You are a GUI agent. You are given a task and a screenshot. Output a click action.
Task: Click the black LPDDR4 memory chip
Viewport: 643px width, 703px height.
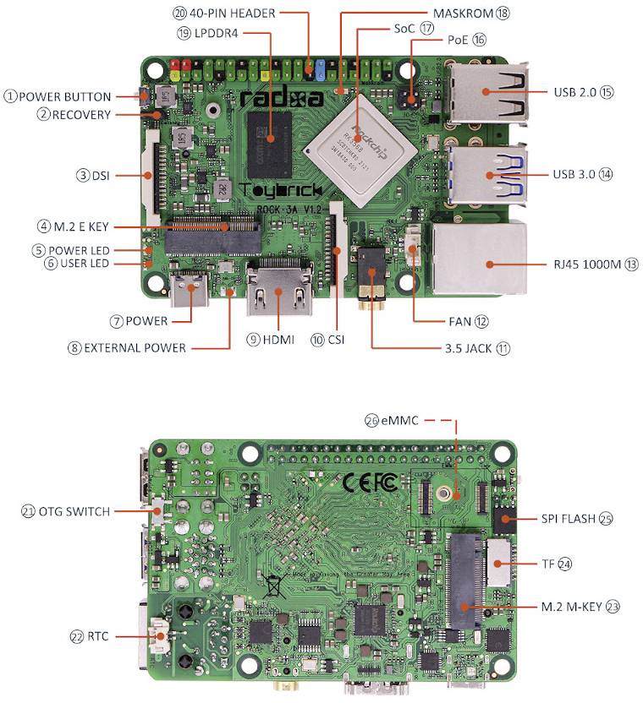[270, 137]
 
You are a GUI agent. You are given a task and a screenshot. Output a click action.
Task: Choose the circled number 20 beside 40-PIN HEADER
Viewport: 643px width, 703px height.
[179, 14]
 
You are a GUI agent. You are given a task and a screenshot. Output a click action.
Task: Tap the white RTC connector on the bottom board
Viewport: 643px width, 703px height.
[159, 635]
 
